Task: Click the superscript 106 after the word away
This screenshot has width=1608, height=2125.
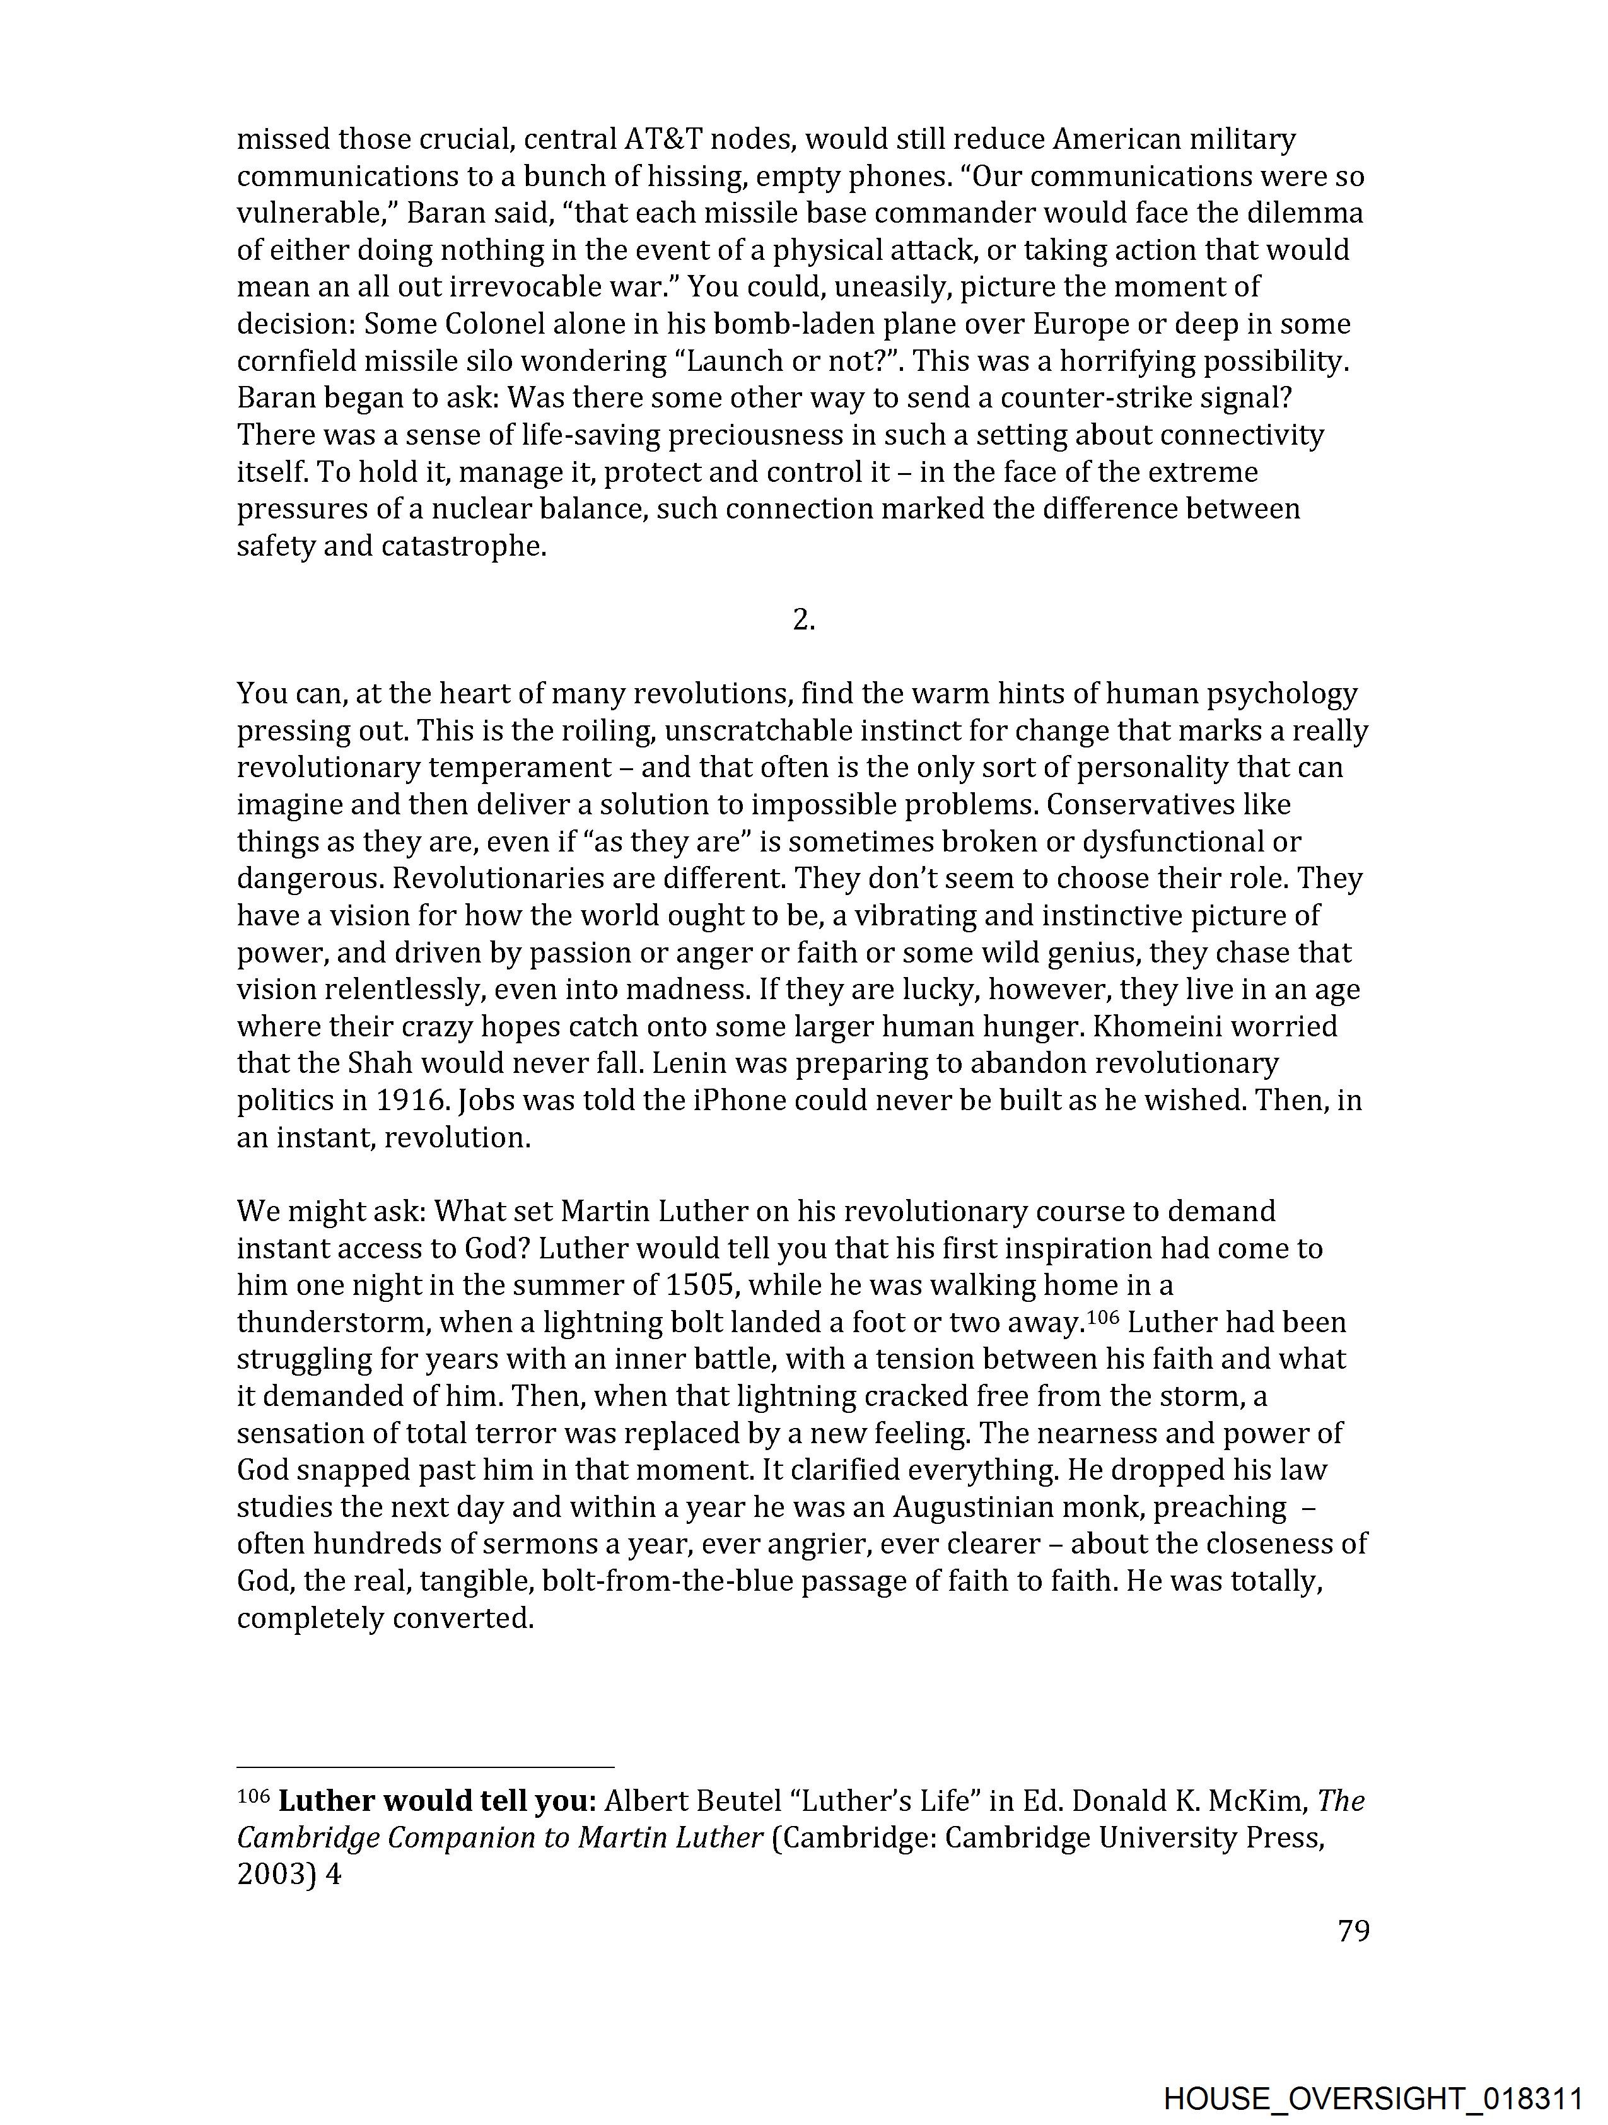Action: (1103, 1315)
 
